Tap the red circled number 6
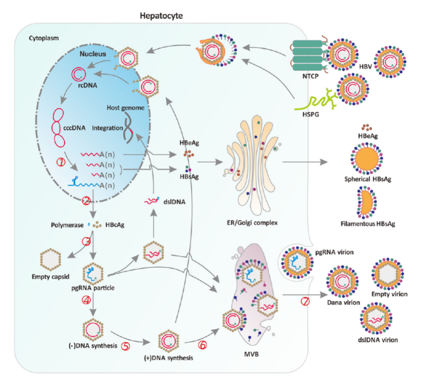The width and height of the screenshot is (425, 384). [x=203, y=344]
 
